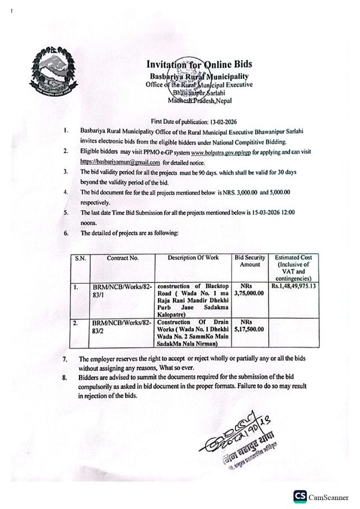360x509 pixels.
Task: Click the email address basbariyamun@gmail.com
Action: [120, 162]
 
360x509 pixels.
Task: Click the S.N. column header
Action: [80, 259]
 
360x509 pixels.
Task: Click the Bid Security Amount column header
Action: [250, 261]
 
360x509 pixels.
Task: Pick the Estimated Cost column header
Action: [293, 268]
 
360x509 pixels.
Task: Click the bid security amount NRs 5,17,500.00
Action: [250, 327]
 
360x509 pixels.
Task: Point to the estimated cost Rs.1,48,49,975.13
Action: [294, 285]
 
